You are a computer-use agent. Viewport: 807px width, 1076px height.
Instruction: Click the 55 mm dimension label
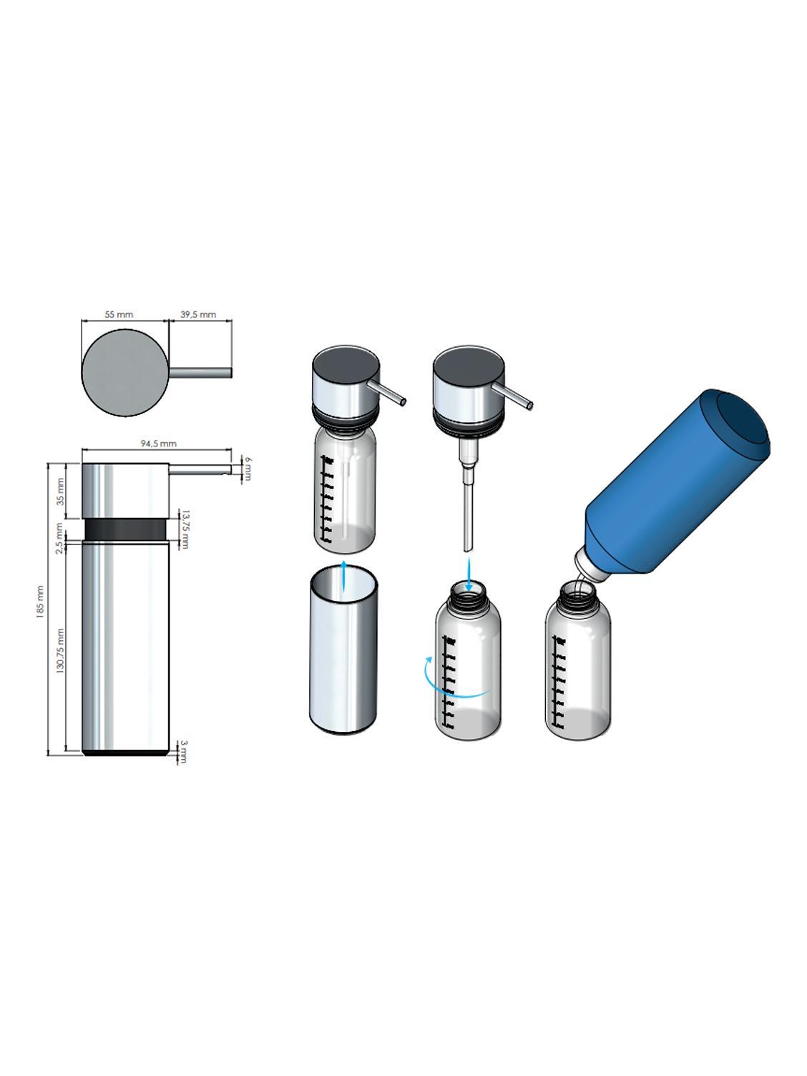119,315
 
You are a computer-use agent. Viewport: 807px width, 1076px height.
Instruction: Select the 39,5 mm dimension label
198,315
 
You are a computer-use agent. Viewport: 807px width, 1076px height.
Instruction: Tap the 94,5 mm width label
158,444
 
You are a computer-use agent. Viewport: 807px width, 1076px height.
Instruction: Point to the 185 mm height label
40,602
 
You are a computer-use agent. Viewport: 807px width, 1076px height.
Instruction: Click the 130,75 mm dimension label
61,650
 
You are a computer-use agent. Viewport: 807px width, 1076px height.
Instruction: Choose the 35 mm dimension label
61,491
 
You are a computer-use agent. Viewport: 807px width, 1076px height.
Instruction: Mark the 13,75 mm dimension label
184,529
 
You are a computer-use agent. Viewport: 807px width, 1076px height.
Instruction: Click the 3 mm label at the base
183,752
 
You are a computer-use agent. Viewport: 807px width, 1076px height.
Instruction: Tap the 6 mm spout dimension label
247,469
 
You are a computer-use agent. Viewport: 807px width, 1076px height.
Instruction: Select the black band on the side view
126,529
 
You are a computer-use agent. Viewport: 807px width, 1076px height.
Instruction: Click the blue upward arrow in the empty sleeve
344,576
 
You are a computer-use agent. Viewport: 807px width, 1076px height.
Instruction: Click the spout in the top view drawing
200,372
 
